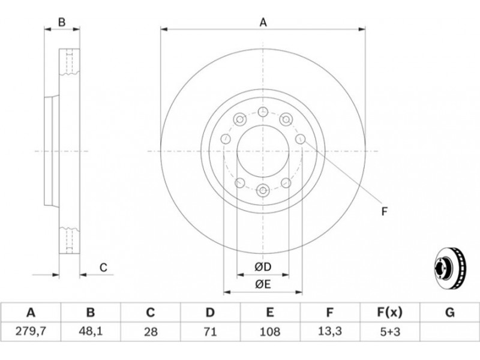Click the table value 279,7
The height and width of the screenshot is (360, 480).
pos(31,332)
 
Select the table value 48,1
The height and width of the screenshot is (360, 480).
pos(91,332)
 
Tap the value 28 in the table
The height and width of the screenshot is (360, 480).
pos(151,332)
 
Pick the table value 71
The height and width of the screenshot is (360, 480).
pos(210,332)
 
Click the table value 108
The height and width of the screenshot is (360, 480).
pos(269,332)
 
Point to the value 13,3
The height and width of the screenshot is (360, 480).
pos(329,332)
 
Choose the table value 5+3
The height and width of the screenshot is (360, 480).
pos(389,332)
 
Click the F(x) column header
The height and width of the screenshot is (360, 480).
pos(389,313)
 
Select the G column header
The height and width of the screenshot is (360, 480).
pos(449,313)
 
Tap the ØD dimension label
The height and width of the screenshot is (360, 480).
pos(263,267)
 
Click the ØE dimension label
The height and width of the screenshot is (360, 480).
pos(263,284)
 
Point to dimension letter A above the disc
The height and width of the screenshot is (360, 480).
pos(263,23)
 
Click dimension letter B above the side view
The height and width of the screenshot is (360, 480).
pos(62,22)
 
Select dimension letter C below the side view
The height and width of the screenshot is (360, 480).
pos(103,268)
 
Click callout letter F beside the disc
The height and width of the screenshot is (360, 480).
pos(385,212)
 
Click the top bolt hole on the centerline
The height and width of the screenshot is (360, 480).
pos(263,112)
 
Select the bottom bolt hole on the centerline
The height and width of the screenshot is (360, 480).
pos(263,190)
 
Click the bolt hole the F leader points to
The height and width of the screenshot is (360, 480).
pos(301,139)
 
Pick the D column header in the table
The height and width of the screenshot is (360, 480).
pos(210,313)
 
